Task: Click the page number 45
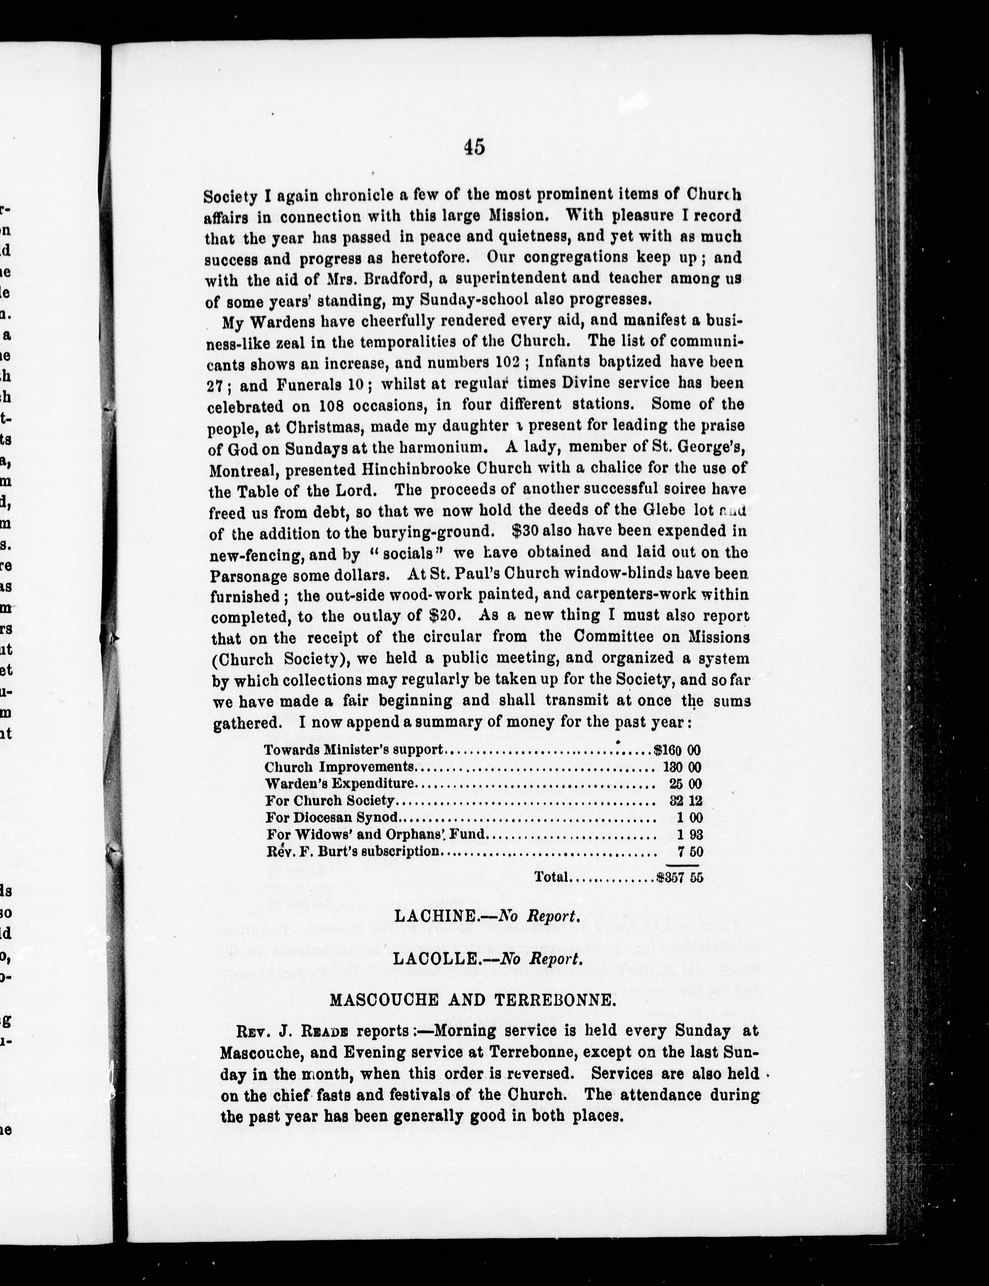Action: [474, 147]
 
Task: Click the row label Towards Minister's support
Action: [353, 751]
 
